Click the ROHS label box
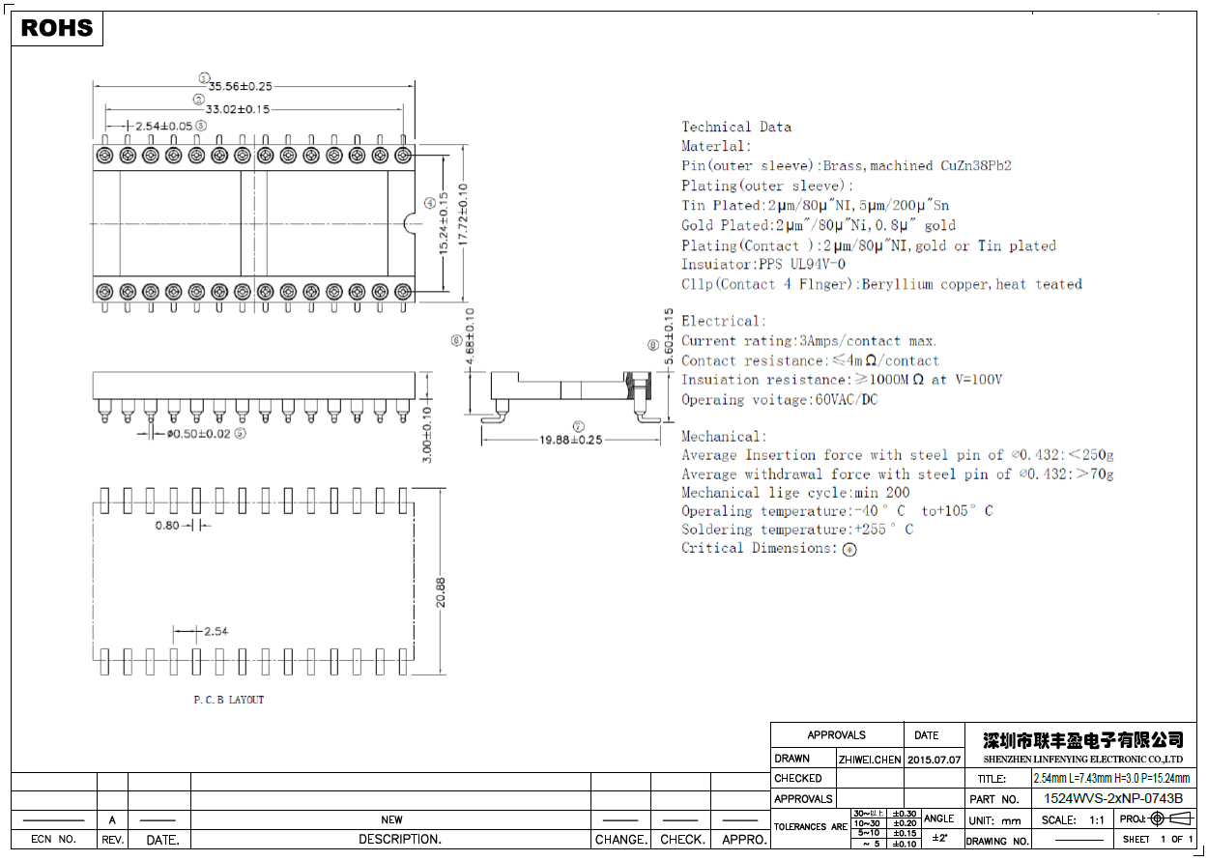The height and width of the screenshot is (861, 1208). (x=57, y=29)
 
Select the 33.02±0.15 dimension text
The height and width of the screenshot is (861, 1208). (x=238, y=109)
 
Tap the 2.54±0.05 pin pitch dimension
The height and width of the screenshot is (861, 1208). (x=163, y=126)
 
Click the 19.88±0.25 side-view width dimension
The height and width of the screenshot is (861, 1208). (x=570, y=440)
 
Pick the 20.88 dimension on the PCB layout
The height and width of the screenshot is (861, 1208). (x=440, y=591)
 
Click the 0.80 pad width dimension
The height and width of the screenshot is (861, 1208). (x=167, y=526)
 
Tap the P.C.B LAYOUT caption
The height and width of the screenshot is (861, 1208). (x=228, y=700)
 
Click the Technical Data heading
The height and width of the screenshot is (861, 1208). (x=736, y=127)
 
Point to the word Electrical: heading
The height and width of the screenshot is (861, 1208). (x=723, y=321)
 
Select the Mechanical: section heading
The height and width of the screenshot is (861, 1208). (x=724, y=437)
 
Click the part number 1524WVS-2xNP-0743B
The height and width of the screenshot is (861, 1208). (x=1113, y=799)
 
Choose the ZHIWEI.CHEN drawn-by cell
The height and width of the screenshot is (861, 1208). (x=869, y=760)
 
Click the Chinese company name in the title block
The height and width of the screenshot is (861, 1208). (x=1082, y=740)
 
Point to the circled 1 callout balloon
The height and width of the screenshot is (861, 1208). (x=204, y=78)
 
